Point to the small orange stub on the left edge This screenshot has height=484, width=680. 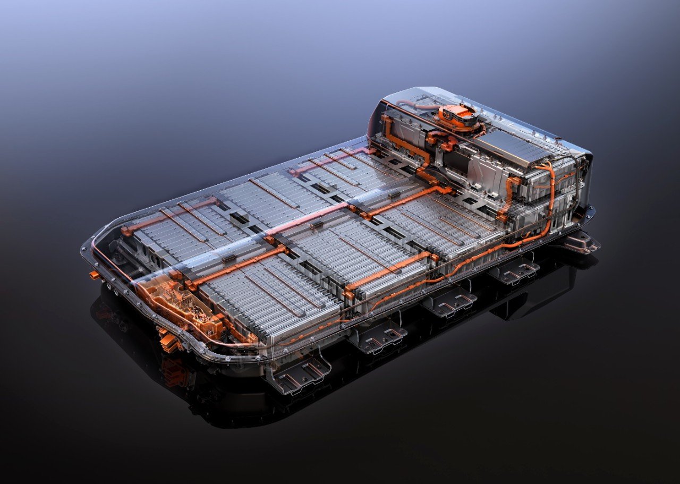point(95,275)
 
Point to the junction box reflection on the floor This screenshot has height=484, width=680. point(175,367)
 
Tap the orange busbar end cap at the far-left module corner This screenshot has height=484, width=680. point(126,231)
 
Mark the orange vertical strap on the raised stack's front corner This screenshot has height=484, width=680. point(510,197)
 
